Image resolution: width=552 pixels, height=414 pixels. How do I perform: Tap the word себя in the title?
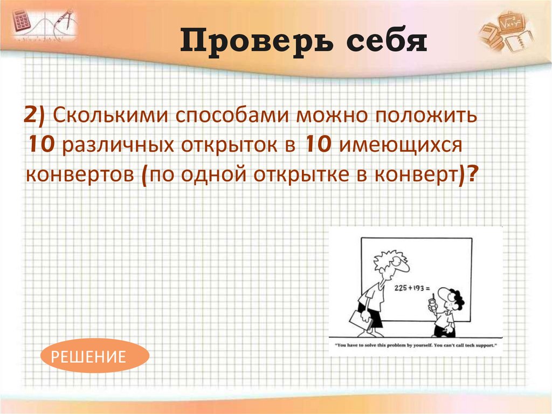[377, 42]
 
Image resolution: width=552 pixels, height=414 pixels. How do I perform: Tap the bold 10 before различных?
[40, 145]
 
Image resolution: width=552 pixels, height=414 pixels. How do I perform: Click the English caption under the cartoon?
[415, 345]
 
